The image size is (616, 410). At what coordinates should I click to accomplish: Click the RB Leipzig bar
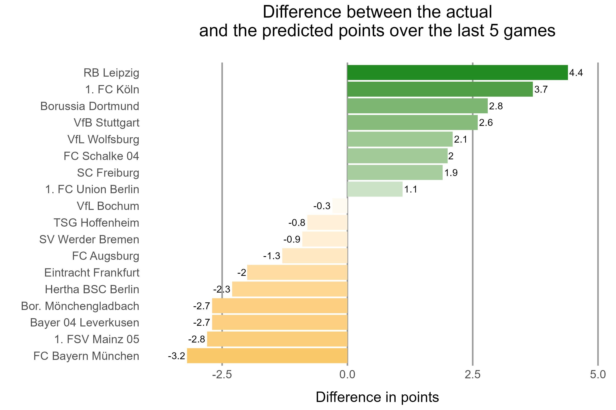[457, 72]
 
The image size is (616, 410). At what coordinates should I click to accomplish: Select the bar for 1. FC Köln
[440, 89]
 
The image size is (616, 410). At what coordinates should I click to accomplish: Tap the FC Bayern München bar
[267, 356]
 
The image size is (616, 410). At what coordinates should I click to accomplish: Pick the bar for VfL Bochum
[340, 206]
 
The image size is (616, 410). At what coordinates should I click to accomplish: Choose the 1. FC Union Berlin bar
[375, 189]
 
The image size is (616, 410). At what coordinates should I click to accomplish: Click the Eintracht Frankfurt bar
[297, 272]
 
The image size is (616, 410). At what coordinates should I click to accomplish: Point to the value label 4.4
[576, 73]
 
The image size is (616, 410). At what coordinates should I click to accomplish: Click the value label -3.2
[176, 356]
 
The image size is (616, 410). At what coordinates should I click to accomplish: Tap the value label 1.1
[411, 189]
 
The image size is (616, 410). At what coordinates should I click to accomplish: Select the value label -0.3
[322, 206]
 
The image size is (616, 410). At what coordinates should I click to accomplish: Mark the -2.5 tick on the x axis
[222, 375]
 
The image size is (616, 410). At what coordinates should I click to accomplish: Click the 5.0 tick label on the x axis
[598, 375]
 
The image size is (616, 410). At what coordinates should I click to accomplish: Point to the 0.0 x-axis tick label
[347, 375]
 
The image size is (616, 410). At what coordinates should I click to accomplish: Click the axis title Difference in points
[377, 397]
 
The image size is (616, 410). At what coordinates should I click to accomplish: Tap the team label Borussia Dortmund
[90, 106]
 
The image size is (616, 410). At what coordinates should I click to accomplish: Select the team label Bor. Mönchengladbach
[80, 306]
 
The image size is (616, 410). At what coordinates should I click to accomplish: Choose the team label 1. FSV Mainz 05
[97, 339]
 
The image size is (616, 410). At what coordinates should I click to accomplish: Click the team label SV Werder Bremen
[89, 239]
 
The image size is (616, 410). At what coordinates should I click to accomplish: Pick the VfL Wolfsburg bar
[400, 139]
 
